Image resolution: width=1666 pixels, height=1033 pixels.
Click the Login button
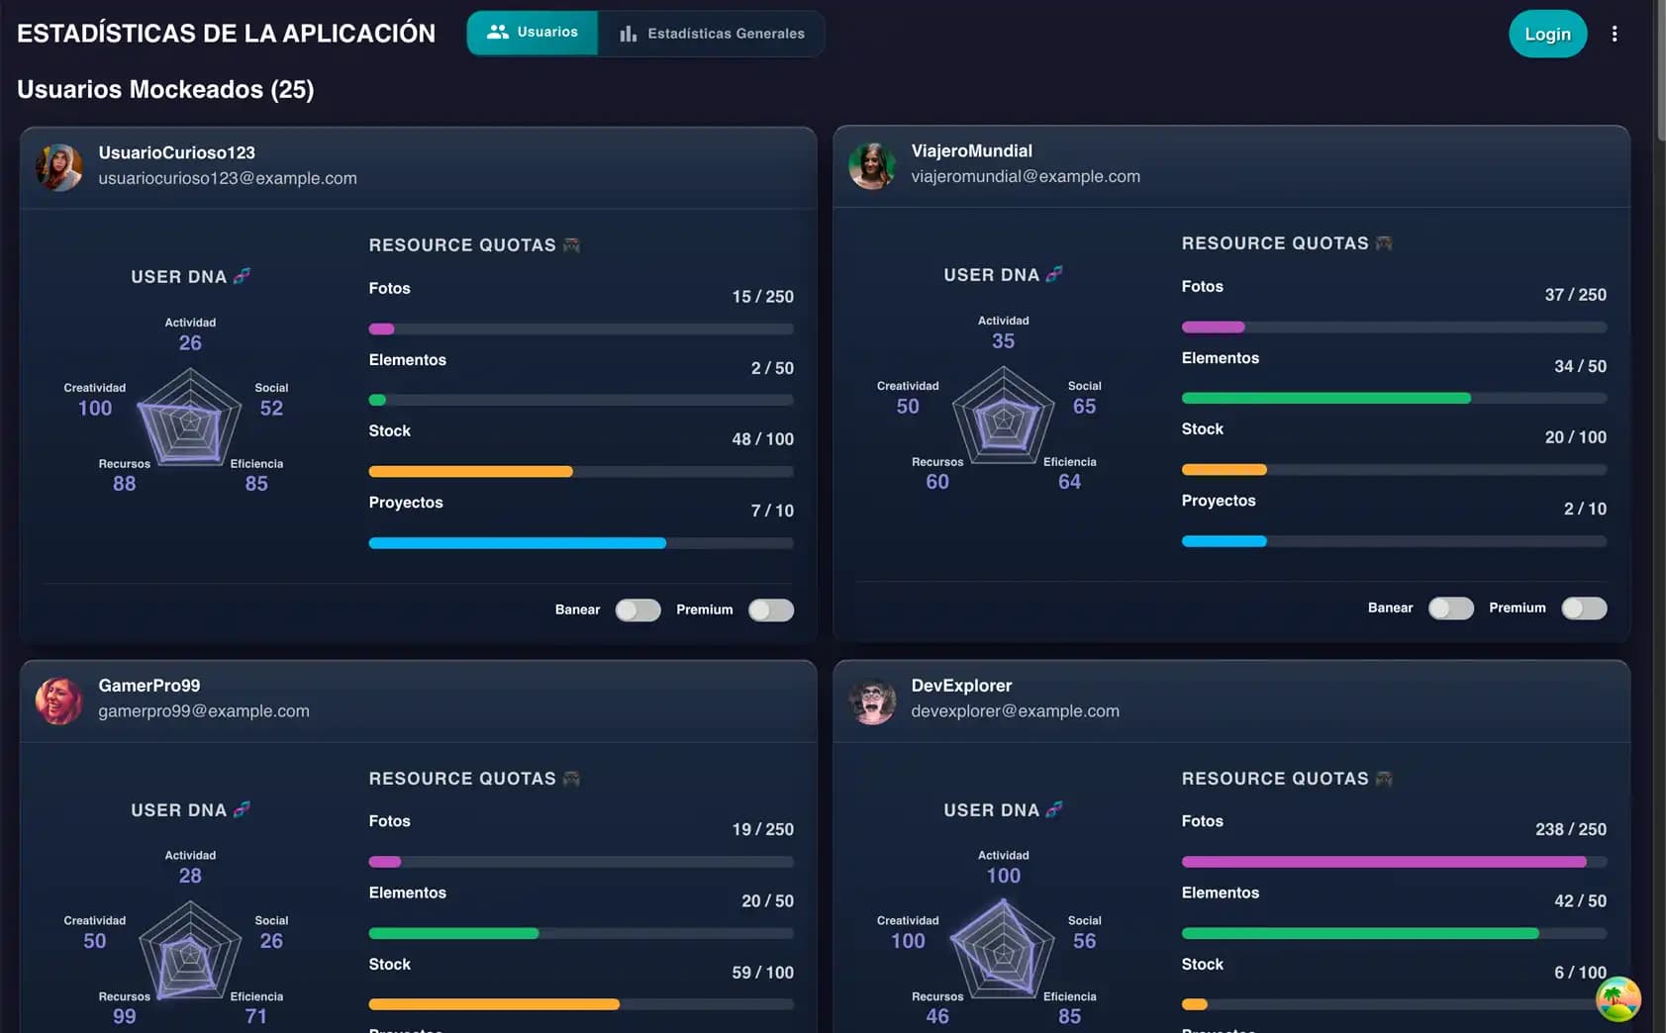1547,34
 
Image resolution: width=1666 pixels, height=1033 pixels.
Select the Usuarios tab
533,33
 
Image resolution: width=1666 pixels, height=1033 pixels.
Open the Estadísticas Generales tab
712,34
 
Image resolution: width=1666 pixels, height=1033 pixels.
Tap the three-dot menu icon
1615,34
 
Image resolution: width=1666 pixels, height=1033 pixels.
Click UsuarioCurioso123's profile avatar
59,166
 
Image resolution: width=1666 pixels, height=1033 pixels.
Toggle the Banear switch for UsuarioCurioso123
637,610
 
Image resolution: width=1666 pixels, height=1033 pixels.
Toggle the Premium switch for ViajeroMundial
1583,608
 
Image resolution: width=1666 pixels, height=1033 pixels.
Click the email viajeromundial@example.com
1026,176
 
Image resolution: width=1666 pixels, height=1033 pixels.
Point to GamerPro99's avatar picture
59,700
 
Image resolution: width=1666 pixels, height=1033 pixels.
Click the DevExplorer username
961,686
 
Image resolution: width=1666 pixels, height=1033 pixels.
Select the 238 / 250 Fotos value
1570,829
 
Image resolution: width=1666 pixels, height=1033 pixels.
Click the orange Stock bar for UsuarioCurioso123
470,471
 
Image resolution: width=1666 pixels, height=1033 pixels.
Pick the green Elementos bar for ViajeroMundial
1325,398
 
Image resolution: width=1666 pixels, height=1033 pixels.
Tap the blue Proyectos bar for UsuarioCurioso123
517,542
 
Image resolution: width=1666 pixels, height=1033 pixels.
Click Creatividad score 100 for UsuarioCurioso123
95,408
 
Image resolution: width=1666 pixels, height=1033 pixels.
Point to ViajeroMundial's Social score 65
1084,406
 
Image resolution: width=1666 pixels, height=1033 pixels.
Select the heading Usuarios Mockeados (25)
165,89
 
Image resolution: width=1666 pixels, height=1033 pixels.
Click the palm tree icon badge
1617,998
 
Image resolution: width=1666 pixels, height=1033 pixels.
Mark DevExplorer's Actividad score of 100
1003,876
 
